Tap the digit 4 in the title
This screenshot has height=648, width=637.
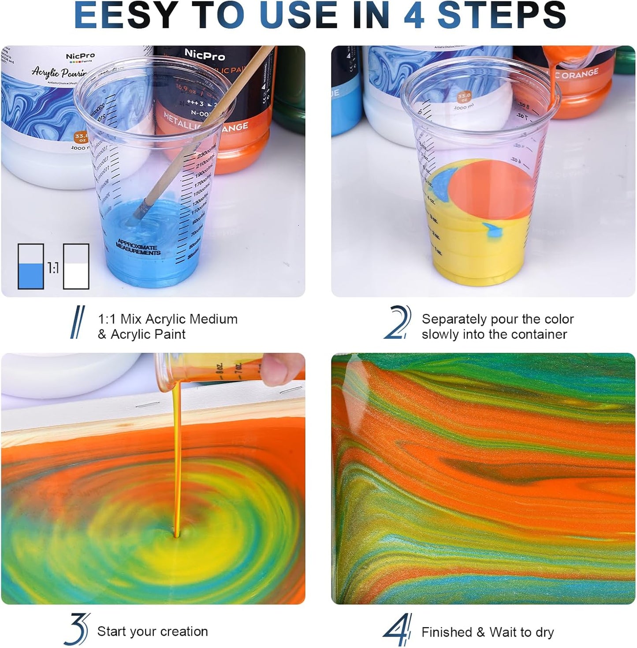tap(415, 16)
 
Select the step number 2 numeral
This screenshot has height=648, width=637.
tap(398, 323)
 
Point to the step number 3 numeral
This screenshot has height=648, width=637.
tap(78, 629)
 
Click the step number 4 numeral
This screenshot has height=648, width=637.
tap(398, 630)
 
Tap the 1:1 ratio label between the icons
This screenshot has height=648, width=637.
tap(53, 268)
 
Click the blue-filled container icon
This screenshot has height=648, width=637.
tap(31, 266)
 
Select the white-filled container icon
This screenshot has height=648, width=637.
tap(76, 266)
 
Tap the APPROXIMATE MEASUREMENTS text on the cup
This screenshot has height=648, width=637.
tap(138, 247)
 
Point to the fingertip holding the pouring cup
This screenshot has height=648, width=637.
tap(282, 366)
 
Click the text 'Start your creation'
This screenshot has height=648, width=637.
tap(153, 631)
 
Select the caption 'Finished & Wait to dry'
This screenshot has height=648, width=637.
tap(488, 632)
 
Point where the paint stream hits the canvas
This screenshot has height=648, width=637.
tap(177, 535)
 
